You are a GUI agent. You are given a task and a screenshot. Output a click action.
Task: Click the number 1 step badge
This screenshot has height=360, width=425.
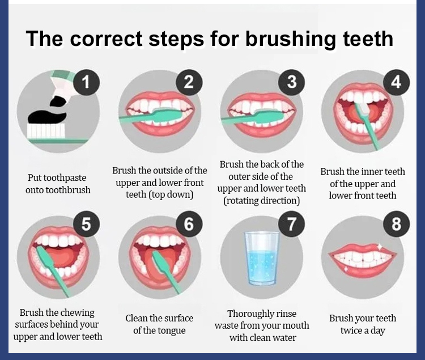[x=86, y=82]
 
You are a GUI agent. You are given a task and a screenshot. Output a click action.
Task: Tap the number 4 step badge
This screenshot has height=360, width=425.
[x=396, y=82]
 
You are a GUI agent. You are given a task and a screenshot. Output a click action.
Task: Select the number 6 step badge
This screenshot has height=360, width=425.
[x=189, y=224]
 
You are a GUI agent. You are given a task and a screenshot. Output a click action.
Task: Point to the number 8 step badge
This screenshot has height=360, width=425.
[x=396, y=224]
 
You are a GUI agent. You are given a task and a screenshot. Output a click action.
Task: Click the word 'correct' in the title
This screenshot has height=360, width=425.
[x=106, y=39]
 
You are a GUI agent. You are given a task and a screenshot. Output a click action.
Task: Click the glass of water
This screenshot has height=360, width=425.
[x=261, y=259]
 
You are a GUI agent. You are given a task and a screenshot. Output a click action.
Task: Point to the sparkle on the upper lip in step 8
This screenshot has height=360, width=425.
[x=380, y=246]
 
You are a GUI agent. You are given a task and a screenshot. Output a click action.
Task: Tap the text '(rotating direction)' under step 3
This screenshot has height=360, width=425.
[x=262, y=201]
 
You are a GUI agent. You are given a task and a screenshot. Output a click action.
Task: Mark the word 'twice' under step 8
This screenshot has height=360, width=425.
[x=352, y=331]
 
